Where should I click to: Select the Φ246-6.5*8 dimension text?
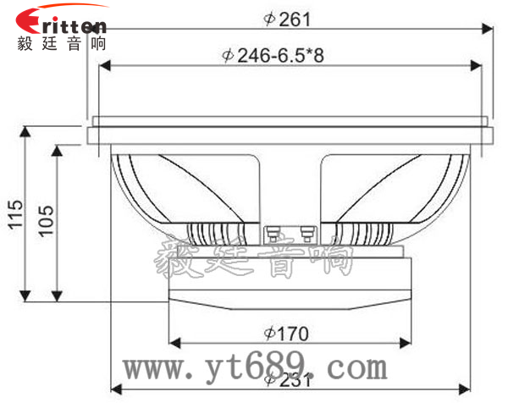(x=273, y=56)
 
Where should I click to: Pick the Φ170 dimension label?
(x=286, y=332)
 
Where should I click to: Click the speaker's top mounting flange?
(x=288, y=134)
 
